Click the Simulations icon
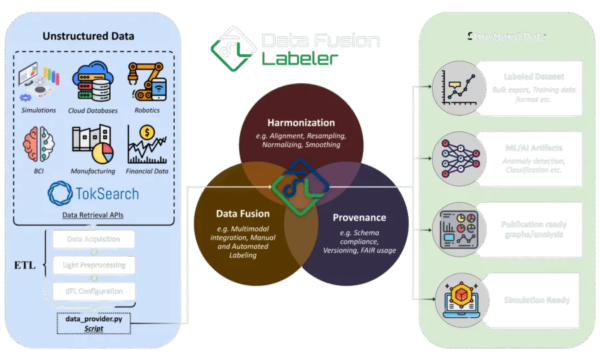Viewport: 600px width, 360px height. coord(37,82)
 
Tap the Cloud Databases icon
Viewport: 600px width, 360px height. coord(93,82)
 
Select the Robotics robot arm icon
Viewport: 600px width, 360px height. coord(147,81)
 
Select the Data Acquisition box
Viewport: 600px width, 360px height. coord(93,238)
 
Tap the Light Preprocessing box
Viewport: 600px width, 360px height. coord(93,265)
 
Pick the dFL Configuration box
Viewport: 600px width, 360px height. coord(93,291)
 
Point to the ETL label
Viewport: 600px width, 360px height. coord(25,265)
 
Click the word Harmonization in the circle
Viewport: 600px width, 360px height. coord(301,123)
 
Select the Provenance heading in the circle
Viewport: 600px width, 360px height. coord(361,217)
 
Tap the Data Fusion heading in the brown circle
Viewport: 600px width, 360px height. coord(243,213)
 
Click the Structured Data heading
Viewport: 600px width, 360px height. coord(506,35)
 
